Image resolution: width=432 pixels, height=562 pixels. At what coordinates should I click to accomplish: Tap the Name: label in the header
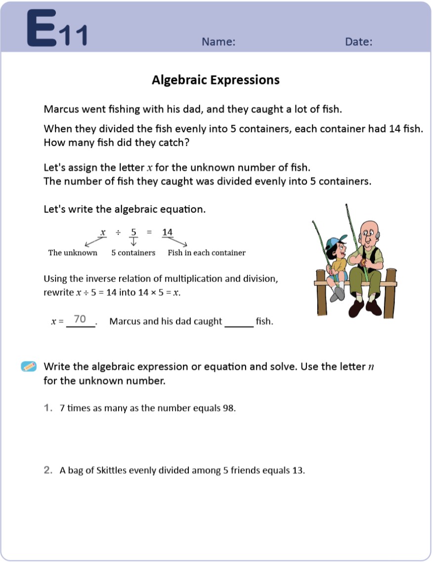(x=218, y=42)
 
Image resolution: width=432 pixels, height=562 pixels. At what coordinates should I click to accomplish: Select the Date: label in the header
(x=358, y=42)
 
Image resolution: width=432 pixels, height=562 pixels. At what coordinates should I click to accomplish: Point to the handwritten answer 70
(x=80, y=319)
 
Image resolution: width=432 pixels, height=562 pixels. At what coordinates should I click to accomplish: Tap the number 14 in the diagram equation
(x=168, y=232)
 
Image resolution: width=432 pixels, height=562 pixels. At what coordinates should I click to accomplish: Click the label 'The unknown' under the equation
(x=73, y=253)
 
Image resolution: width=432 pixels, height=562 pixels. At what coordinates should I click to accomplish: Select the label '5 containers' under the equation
(x=133, y=253)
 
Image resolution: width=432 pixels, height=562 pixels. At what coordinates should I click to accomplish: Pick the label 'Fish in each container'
(x=207, y=253)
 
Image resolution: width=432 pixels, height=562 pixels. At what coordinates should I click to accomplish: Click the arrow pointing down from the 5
(x=133, y=241)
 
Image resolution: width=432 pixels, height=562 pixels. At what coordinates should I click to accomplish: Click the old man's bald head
(x=368, y=227)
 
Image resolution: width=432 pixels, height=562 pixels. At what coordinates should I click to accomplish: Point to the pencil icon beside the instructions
(x=29, y=366)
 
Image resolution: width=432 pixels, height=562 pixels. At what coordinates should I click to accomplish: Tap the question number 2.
(x=48, y=470)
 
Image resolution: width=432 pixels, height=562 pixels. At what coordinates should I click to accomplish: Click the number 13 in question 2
(x=298, y=470)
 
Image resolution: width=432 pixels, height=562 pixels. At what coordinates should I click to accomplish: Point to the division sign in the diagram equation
(x=118, y=232)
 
